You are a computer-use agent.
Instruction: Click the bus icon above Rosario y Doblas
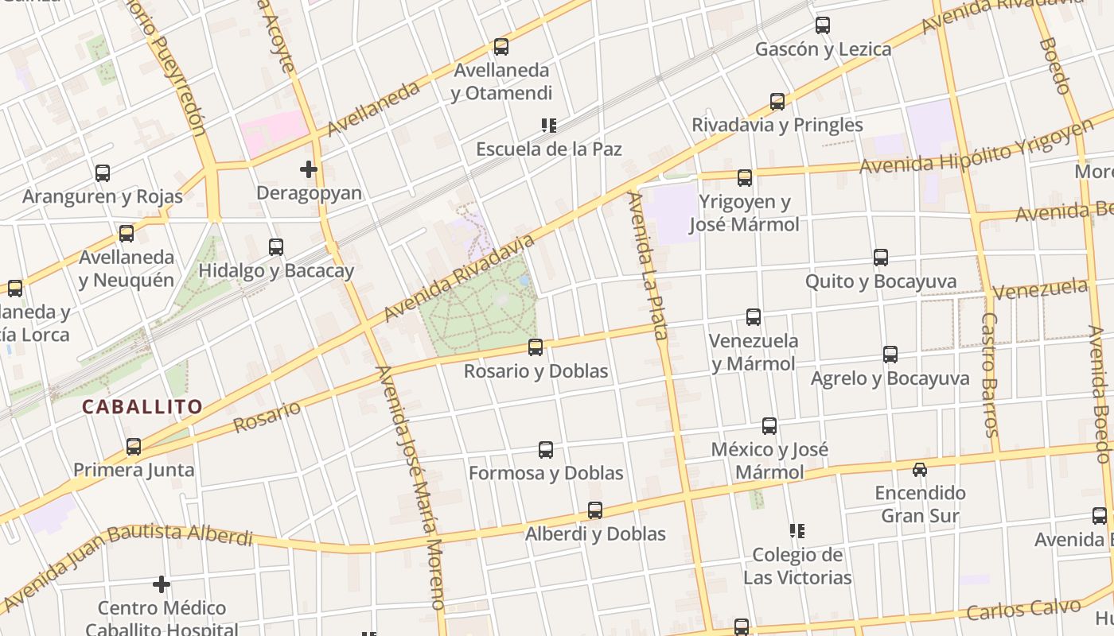point(536,347)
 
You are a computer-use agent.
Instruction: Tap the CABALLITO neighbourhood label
point(142,407)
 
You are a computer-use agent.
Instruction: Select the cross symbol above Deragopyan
point(309,169)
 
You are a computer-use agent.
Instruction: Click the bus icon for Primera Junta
point(134,447)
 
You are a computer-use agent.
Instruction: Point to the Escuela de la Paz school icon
point(548,126)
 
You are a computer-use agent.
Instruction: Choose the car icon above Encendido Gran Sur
point(920,470)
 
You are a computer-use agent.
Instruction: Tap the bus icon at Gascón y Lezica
point(823,25)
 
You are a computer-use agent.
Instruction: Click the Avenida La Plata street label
point(646,266)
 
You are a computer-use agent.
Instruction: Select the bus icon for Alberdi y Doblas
point(595,510)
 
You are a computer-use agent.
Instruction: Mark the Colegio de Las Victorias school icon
point(797,531)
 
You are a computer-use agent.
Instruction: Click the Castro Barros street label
point(989,374)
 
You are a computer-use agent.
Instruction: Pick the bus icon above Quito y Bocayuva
point(881,258)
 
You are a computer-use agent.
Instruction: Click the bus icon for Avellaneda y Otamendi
point(501,47)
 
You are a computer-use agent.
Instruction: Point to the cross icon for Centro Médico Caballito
point(162,585)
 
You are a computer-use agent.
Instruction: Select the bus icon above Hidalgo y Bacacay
point(276,247)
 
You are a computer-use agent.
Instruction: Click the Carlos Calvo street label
point(1024,610)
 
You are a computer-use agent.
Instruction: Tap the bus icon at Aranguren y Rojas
point(103,173)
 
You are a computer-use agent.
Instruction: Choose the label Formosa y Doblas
point(546,473)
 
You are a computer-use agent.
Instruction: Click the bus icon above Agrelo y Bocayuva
point(890,355)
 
